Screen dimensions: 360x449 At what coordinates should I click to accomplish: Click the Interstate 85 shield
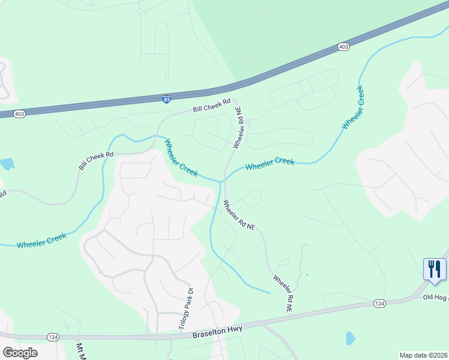[x=165, y=98]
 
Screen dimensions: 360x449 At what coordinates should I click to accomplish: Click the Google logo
[x=20, y=353]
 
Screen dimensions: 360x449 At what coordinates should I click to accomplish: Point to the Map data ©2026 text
[x=424, y=355]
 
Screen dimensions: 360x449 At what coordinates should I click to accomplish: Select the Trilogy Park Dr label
[x=186, y=309]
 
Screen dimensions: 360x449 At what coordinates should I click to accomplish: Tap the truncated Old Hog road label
[x=436, y=297]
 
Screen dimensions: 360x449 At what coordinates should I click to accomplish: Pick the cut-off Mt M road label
[x=80, y=352]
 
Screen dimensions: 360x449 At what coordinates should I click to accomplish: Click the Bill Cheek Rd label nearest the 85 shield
[x=211, y=106]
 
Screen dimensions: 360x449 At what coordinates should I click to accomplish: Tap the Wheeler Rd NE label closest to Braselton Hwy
[x=282, y=293]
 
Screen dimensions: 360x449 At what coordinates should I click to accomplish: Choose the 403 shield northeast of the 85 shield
[x=343, y=46]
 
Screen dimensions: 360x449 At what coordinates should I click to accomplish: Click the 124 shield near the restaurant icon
[x=379, y=303]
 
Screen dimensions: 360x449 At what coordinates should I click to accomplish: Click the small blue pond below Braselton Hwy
[x=350, y=339]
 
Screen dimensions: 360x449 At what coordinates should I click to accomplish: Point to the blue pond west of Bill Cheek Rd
[x=7, y=164]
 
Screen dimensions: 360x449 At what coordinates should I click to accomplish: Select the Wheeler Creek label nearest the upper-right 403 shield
[x=353, y=108]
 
